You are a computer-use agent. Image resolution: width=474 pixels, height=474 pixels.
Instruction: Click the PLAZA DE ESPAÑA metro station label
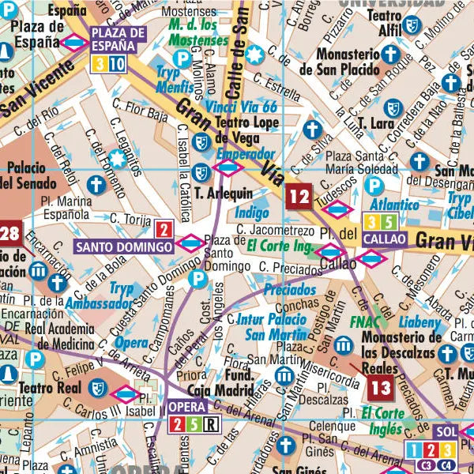(118, 38)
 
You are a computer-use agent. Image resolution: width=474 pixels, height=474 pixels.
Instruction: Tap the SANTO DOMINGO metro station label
(124, 246)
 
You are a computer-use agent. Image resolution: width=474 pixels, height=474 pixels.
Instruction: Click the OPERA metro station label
(186, 408)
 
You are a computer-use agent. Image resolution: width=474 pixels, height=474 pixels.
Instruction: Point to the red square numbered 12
(299, 195)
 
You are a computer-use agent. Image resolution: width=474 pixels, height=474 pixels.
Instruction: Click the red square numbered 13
(380, 387)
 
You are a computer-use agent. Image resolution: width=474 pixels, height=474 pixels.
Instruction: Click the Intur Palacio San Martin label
(271, 326)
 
